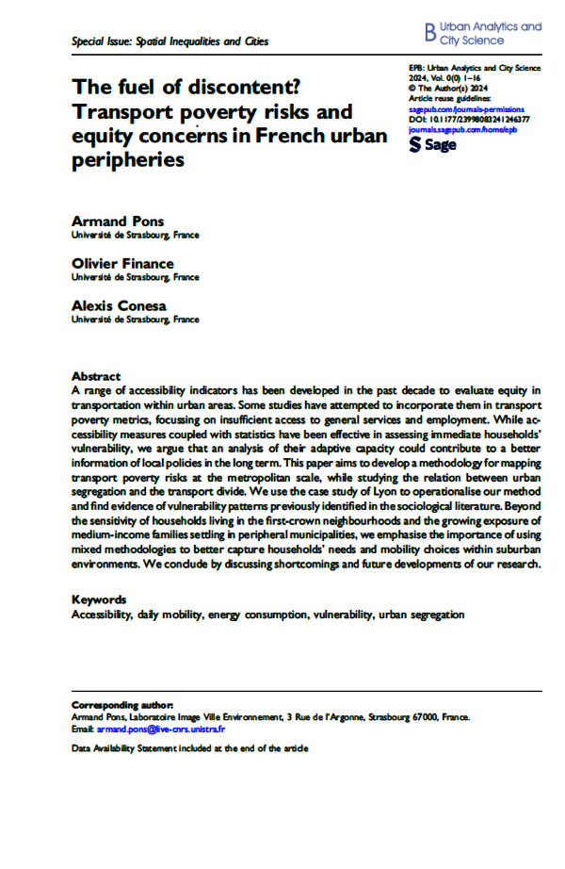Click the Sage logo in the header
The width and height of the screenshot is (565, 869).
coord(433,146)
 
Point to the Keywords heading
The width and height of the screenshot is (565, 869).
coord(99,599)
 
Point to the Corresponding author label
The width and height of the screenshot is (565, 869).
coord(122,704)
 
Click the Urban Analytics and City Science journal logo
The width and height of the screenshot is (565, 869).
coord(483,34)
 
